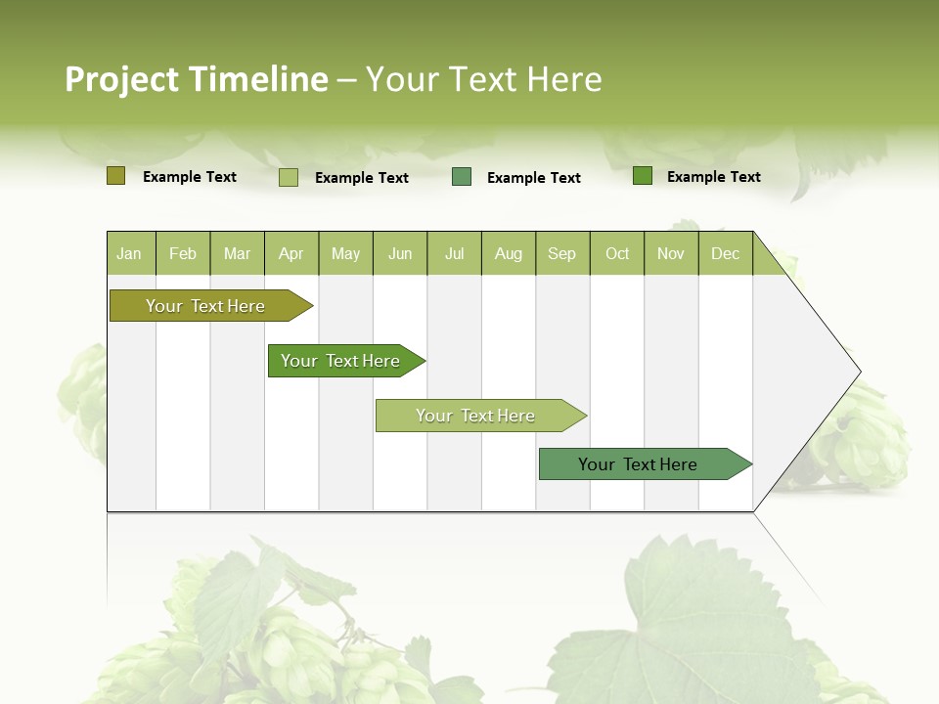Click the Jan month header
[x=130, y=253]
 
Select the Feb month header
[x=183, y=253]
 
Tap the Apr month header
[x=291, y=253]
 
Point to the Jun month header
[x=400, y=253]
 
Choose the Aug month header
[x=509, y=253]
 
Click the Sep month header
[x=562, y=253]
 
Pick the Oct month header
[x=617, y=253]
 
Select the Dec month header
[x=726, y=253]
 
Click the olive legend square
[x=115, y=176]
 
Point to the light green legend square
[x=289, y=177]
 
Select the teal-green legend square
[x=462, y=177]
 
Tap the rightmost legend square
[x=643, y=176]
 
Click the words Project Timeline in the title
[x=196, y=79]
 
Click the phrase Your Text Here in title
[x=483, y=79]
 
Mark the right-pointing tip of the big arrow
[x=858, y=372]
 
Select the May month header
[x=345, y=253]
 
